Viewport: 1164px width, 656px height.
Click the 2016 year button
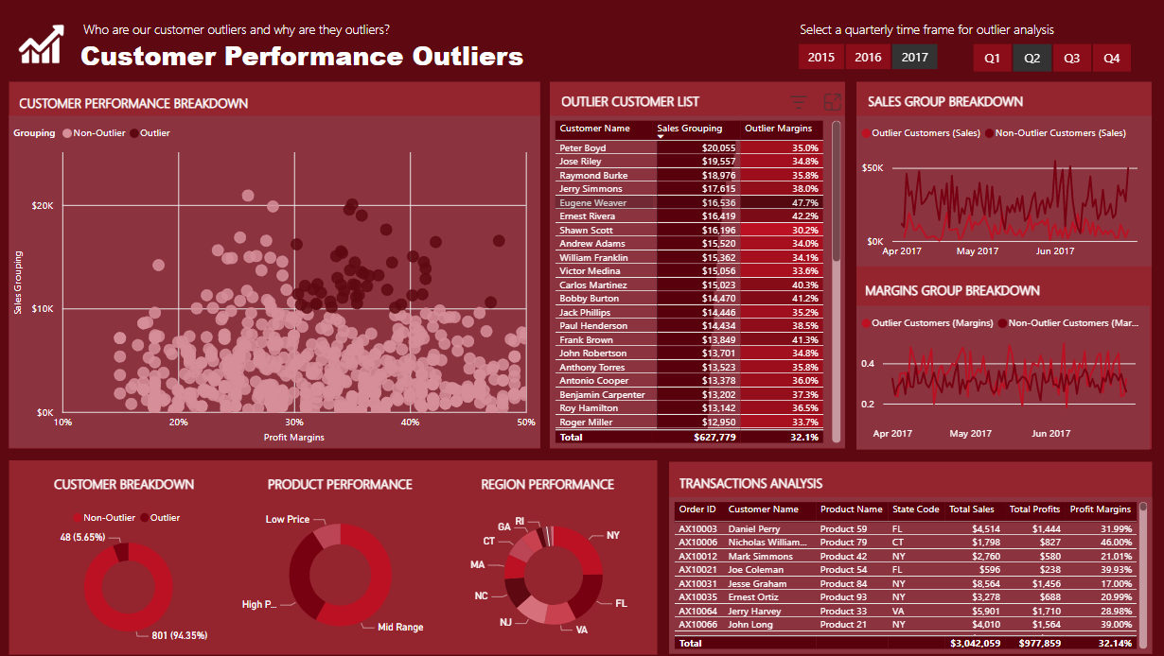coord(868,58)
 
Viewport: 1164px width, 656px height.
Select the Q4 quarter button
coord(1111,59)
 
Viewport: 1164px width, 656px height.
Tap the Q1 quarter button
coord(992,59)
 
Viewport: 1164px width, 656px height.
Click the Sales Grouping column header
coord(690,129)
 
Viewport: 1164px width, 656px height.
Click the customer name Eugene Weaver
coord(592,203)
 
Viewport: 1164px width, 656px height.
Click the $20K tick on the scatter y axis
coord(41,206)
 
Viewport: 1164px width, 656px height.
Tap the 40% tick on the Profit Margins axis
coord(410,423)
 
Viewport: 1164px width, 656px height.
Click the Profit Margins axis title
coord(293,438)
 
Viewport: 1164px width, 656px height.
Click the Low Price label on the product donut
coord(288,519)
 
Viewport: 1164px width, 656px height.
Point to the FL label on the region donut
coord(621,602)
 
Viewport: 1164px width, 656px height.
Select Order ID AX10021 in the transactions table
coord(698,570)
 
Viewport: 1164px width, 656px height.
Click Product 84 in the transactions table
coord(843,583)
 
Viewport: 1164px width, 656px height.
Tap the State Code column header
coord(915,509)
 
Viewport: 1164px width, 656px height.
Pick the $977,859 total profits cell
coord(1036,643)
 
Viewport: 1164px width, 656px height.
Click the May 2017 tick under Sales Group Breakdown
coord(978,251)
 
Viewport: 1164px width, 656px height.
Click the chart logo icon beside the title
coord(41,44)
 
